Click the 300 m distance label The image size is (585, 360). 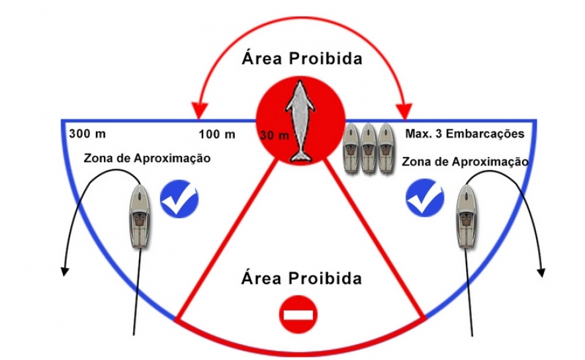click(x=87, y=134)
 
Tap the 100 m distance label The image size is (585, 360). click(x=217, y=134)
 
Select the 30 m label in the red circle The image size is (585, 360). click(x=275, y=135)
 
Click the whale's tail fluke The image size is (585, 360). click(x=300, y=156)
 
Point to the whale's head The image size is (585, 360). click(x=300, y=87)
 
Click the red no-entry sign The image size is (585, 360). click(x=298, y=314)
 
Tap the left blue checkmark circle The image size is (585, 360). click(x=179, y=199)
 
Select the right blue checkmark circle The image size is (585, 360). click(x=425, y=197)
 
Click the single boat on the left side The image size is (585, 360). click(x=140, y=216)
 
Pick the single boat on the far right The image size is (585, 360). click(x=466, y=216)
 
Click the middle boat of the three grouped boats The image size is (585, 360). click(x=368, y=148)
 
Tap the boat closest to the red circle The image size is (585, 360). click(x=351, y=148)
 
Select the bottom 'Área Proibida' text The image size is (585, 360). click(x=302, y=278)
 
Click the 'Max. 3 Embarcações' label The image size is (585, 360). click(x=465, y=134)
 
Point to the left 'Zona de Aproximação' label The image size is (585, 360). click(x=147, y=158)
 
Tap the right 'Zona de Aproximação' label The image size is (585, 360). click(x=465, y=162)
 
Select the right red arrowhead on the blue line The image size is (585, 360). click(x=404, y=111)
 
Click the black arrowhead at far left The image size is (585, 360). click(x=65, y=271)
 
